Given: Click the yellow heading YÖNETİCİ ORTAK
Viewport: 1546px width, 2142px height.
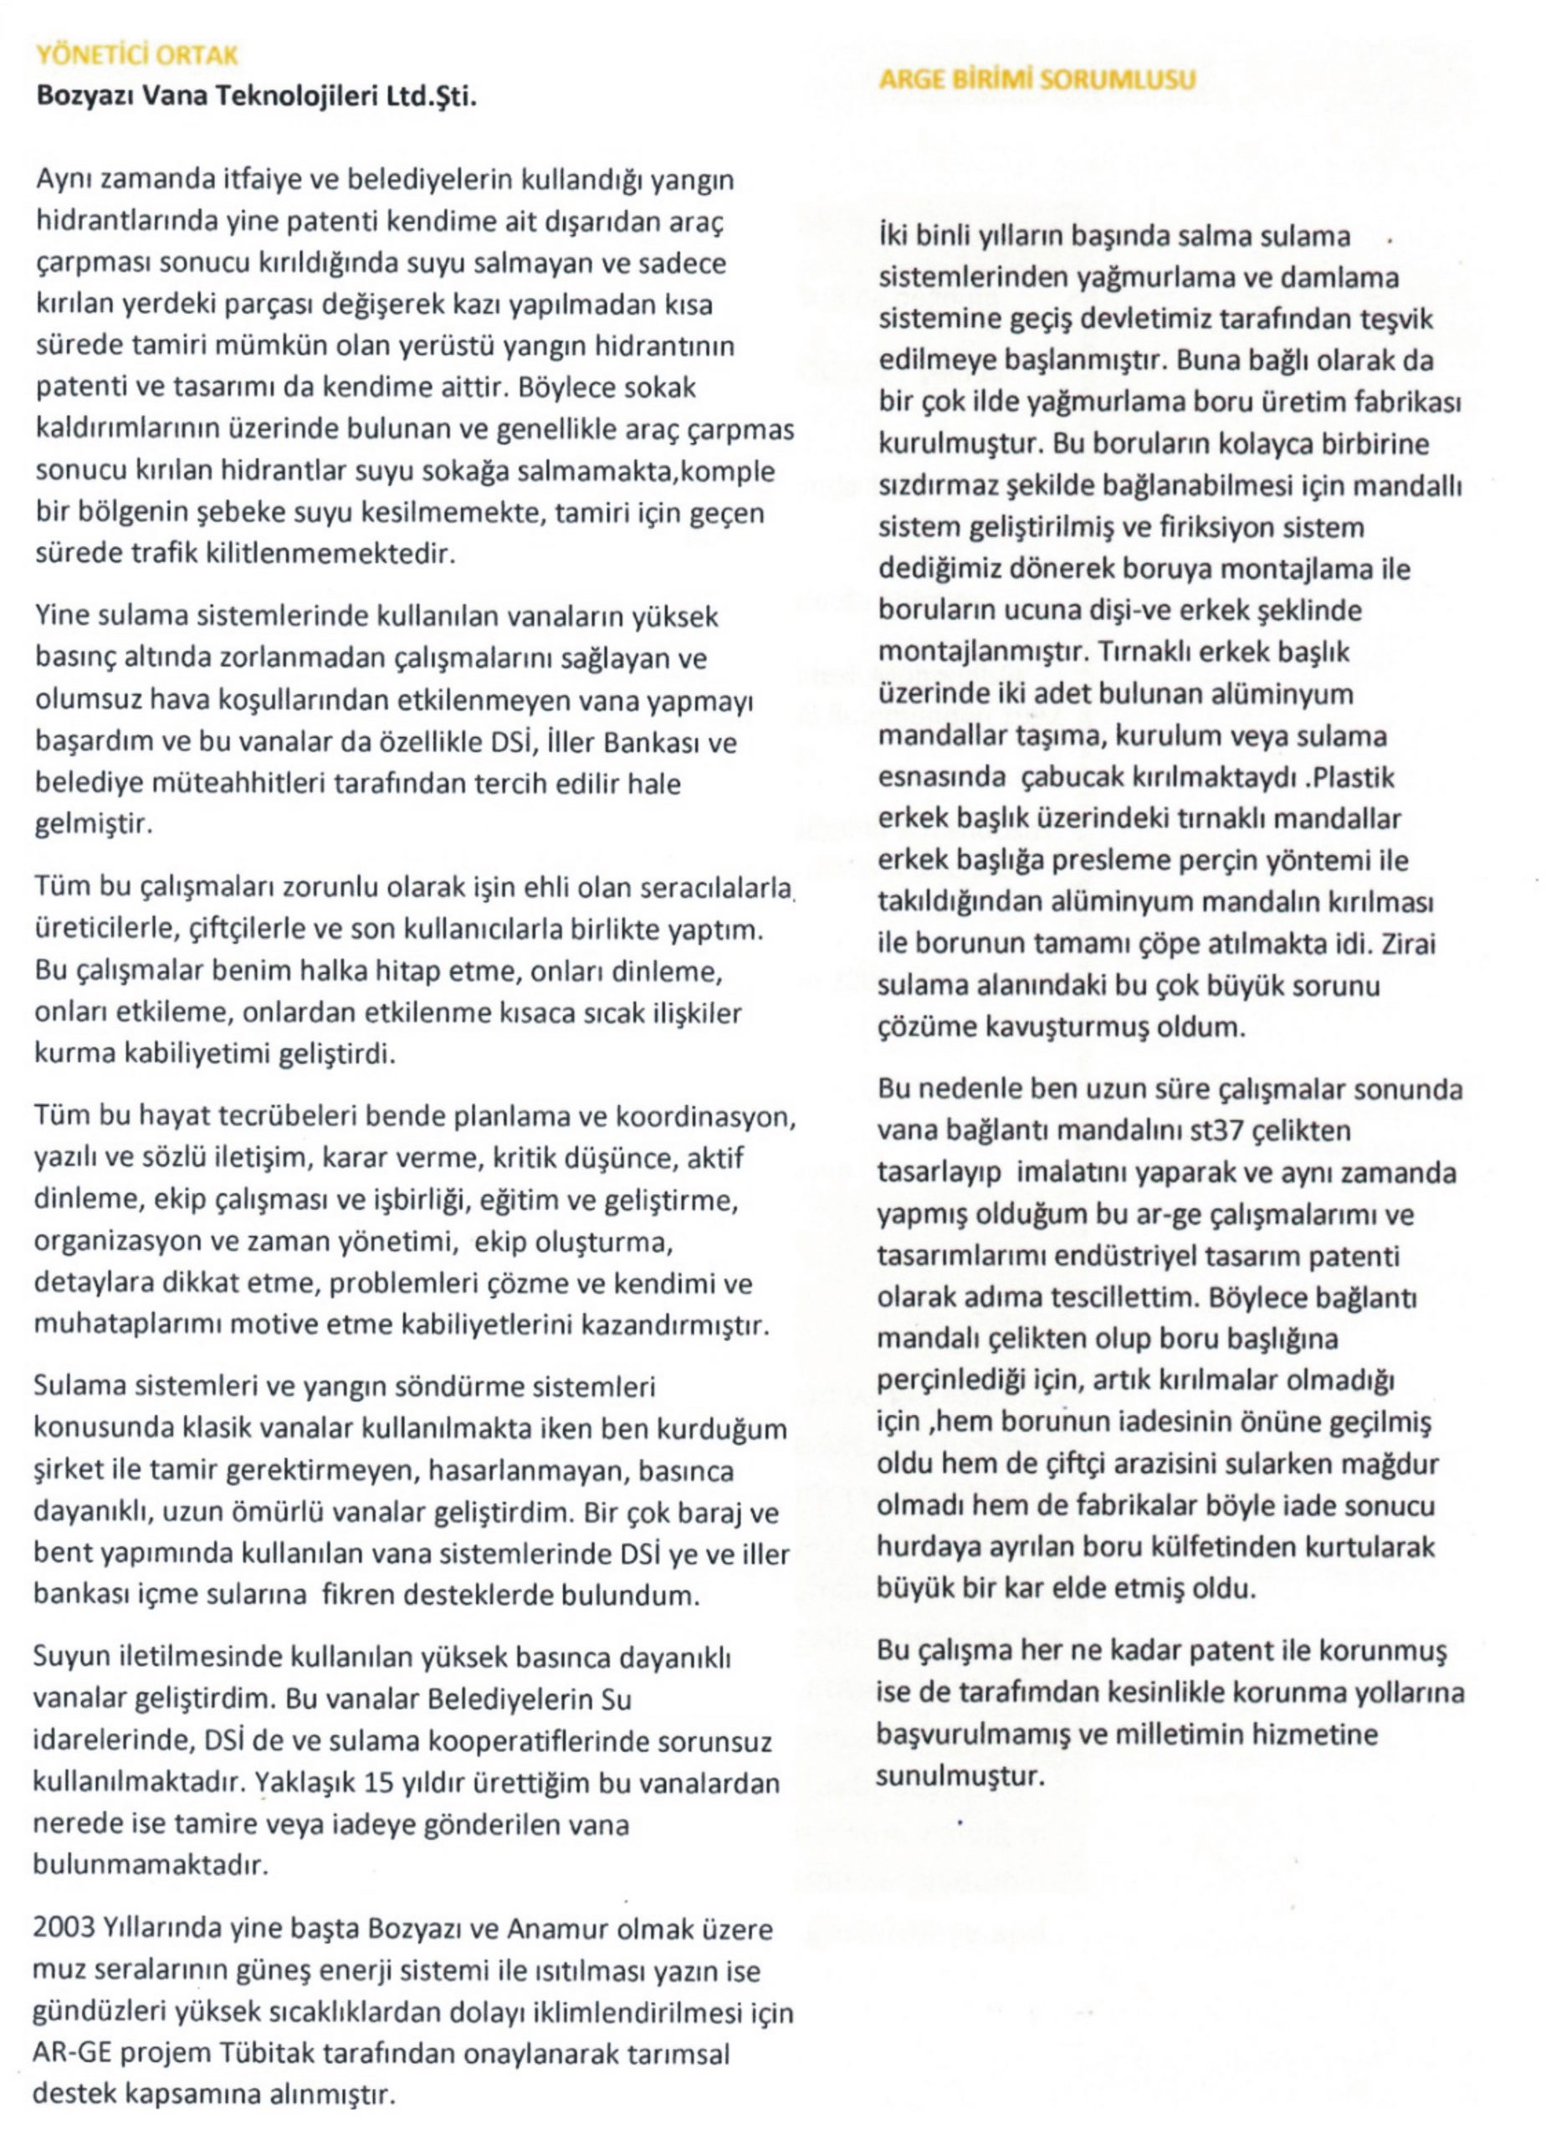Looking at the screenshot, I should [x=137, y=54].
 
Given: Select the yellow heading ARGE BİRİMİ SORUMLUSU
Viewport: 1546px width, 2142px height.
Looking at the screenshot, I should [x=1037, y=79].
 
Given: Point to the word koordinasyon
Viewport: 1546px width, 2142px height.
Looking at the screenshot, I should [x=704, y=1117].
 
